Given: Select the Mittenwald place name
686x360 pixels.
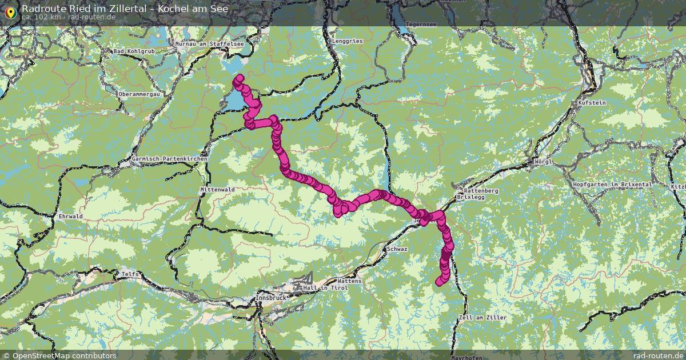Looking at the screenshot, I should tap(218, 189).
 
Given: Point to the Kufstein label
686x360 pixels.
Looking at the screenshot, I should tap(592, 103).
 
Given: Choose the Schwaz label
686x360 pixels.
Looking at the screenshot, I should tap(397, 250).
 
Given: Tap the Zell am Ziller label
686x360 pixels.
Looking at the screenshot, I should tap(474, 318).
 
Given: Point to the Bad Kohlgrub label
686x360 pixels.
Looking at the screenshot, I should tap(134, 51).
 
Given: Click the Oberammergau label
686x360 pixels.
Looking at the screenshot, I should tap(139, 94).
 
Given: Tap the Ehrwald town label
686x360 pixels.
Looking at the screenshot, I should tap(71, 217).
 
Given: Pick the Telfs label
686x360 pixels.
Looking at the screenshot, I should tap(130, 275).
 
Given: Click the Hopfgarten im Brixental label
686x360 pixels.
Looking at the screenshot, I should tap(612, 185).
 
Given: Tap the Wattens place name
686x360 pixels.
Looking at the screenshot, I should tap(350, 282).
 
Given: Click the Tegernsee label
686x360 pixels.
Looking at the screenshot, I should tap(421, 25).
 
